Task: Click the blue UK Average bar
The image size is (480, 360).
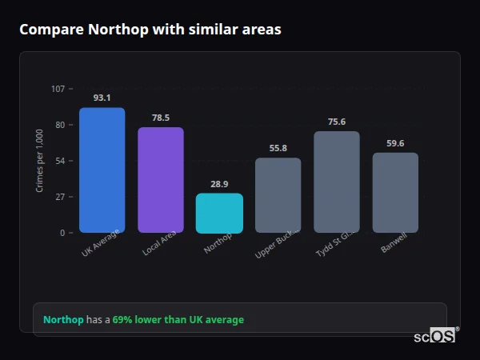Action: [x=102, y=170]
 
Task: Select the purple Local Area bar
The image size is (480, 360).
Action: [x=161, y=180]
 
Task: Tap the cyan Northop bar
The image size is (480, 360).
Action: [x=219, y=213]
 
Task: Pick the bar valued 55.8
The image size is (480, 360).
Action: [x=278, y=195]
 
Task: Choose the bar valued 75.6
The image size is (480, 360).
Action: [x=337, y=182]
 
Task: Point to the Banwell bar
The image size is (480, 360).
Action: [x=395, y=193]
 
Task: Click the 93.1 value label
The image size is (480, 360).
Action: [x=102, y=98]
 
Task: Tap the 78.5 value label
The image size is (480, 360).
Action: [x=161, y=118]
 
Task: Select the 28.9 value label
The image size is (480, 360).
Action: [x=219, y=184]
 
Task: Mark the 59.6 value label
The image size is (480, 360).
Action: [x=395, y=143]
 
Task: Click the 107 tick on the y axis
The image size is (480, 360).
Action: [x=58, y=88]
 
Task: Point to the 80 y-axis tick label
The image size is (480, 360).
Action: [x=60, y=125]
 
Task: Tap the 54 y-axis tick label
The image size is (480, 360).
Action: [x=60, y=161]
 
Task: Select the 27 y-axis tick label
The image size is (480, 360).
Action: [x=60, y=197]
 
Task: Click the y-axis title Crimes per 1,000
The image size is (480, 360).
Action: [x=40, y=161]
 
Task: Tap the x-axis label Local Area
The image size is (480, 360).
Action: [x=160, y=242]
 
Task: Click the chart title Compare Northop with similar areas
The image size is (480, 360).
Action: [x=150, y=30]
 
